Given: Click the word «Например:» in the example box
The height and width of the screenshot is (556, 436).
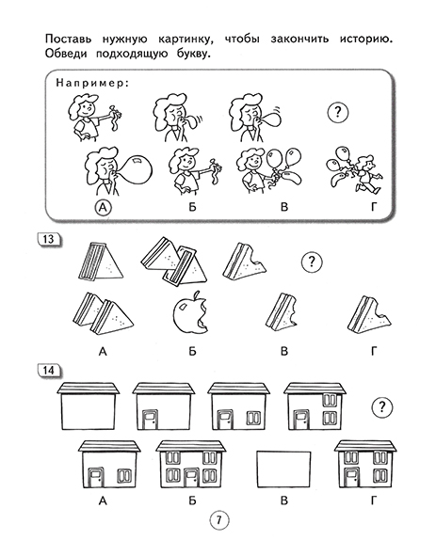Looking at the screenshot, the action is (x=91, y=84).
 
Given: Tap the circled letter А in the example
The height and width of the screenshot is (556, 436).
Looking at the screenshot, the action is (x=103, y=207).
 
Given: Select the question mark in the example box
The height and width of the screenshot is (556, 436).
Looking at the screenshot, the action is (x=338, y=113).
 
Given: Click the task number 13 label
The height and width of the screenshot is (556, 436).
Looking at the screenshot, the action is (x=49, y=239).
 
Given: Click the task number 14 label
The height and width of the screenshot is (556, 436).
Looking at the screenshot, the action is (x=49, y=371).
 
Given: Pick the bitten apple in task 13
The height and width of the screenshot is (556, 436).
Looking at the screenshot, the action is (x=190, y=312).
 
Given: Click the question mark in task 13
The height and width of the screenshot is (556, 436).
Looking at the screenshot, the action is (x=312, y=262).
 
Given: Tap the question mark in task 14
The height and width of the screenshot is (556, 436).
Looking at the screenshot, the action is (x=381, y=406).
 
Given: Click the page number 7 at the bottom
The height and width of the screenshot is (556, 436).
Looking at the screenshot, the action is (x=218, y=520).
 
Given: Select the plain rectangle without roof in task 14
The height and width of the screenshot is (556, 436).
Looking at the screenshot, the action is (x=283, y=469).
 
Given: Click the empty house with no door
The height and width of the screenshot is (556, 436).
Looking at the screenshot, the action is (x=89, y=406).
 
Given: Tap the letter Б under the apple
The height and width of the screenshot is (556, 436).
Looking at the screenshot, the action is (x=192, y=352).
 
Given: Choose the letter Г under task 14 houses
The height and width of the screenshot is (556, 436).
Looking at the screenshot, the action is (x=373, y=500).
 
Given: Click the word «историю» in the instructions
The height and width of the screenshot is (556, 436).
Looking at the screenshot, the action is (x=366, y=39).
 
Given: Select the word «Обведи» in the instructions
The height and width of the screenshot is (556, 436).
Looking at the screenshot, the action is (x=65, y=54).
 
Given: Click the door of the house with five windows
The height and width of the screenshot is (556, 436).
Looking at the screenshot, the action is (x=192, y=478).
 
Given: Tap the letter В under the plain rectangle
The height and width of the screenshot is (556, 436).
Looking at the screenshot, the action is (x=283, y=500).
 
